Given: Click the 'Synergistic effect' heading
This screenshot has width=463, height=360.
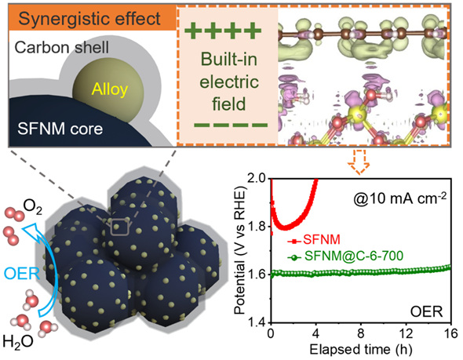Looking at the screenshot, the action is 89,19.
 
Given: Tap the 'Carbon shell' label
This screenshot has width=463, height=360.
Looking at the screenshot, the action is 62,47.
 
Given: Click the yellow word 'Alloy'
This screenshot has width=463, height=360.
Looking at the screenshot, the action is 110,89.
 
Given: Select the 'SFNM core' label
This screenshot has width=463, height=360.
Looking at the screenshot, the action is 60,129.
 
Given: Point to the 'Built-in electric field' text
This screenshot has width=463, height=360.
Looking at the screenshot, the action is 229,82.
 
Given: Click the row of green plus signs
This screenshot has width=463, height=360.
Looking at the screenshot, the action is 223,30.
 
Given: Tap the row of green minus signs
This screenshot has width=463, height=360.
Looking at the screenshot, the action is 231,125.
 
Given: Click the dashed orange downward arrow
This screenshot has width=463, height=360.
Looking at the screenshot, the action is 359,162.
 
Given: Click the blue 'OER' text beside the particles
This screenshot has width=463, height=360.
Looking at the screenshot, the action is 22,274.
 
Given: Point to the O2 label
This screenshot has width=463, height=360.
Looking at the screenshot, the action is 32,207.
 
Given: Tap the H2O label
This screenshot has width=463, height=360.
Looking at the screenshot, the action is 18,342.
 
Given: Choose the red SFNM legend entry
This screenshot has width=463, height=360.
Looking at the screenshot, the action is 314,239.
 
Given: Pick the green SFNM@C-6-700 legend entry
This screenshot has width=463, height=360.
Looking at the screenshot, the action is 345,256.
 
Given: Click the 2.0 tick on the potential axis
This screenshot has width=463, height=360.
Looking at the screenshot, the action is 258,179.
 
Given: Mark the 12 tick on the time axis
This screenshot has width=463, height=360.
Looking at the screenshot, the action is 406,334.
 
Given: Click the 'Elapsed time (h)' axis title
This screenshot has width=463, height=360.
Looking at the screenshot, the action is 360,349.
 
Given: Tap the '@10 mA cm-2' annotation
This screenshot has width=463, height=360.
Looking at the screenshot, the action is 399,198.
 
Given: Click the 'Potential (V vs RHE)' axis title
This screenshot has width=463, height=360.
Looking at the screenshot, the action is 240,250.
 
